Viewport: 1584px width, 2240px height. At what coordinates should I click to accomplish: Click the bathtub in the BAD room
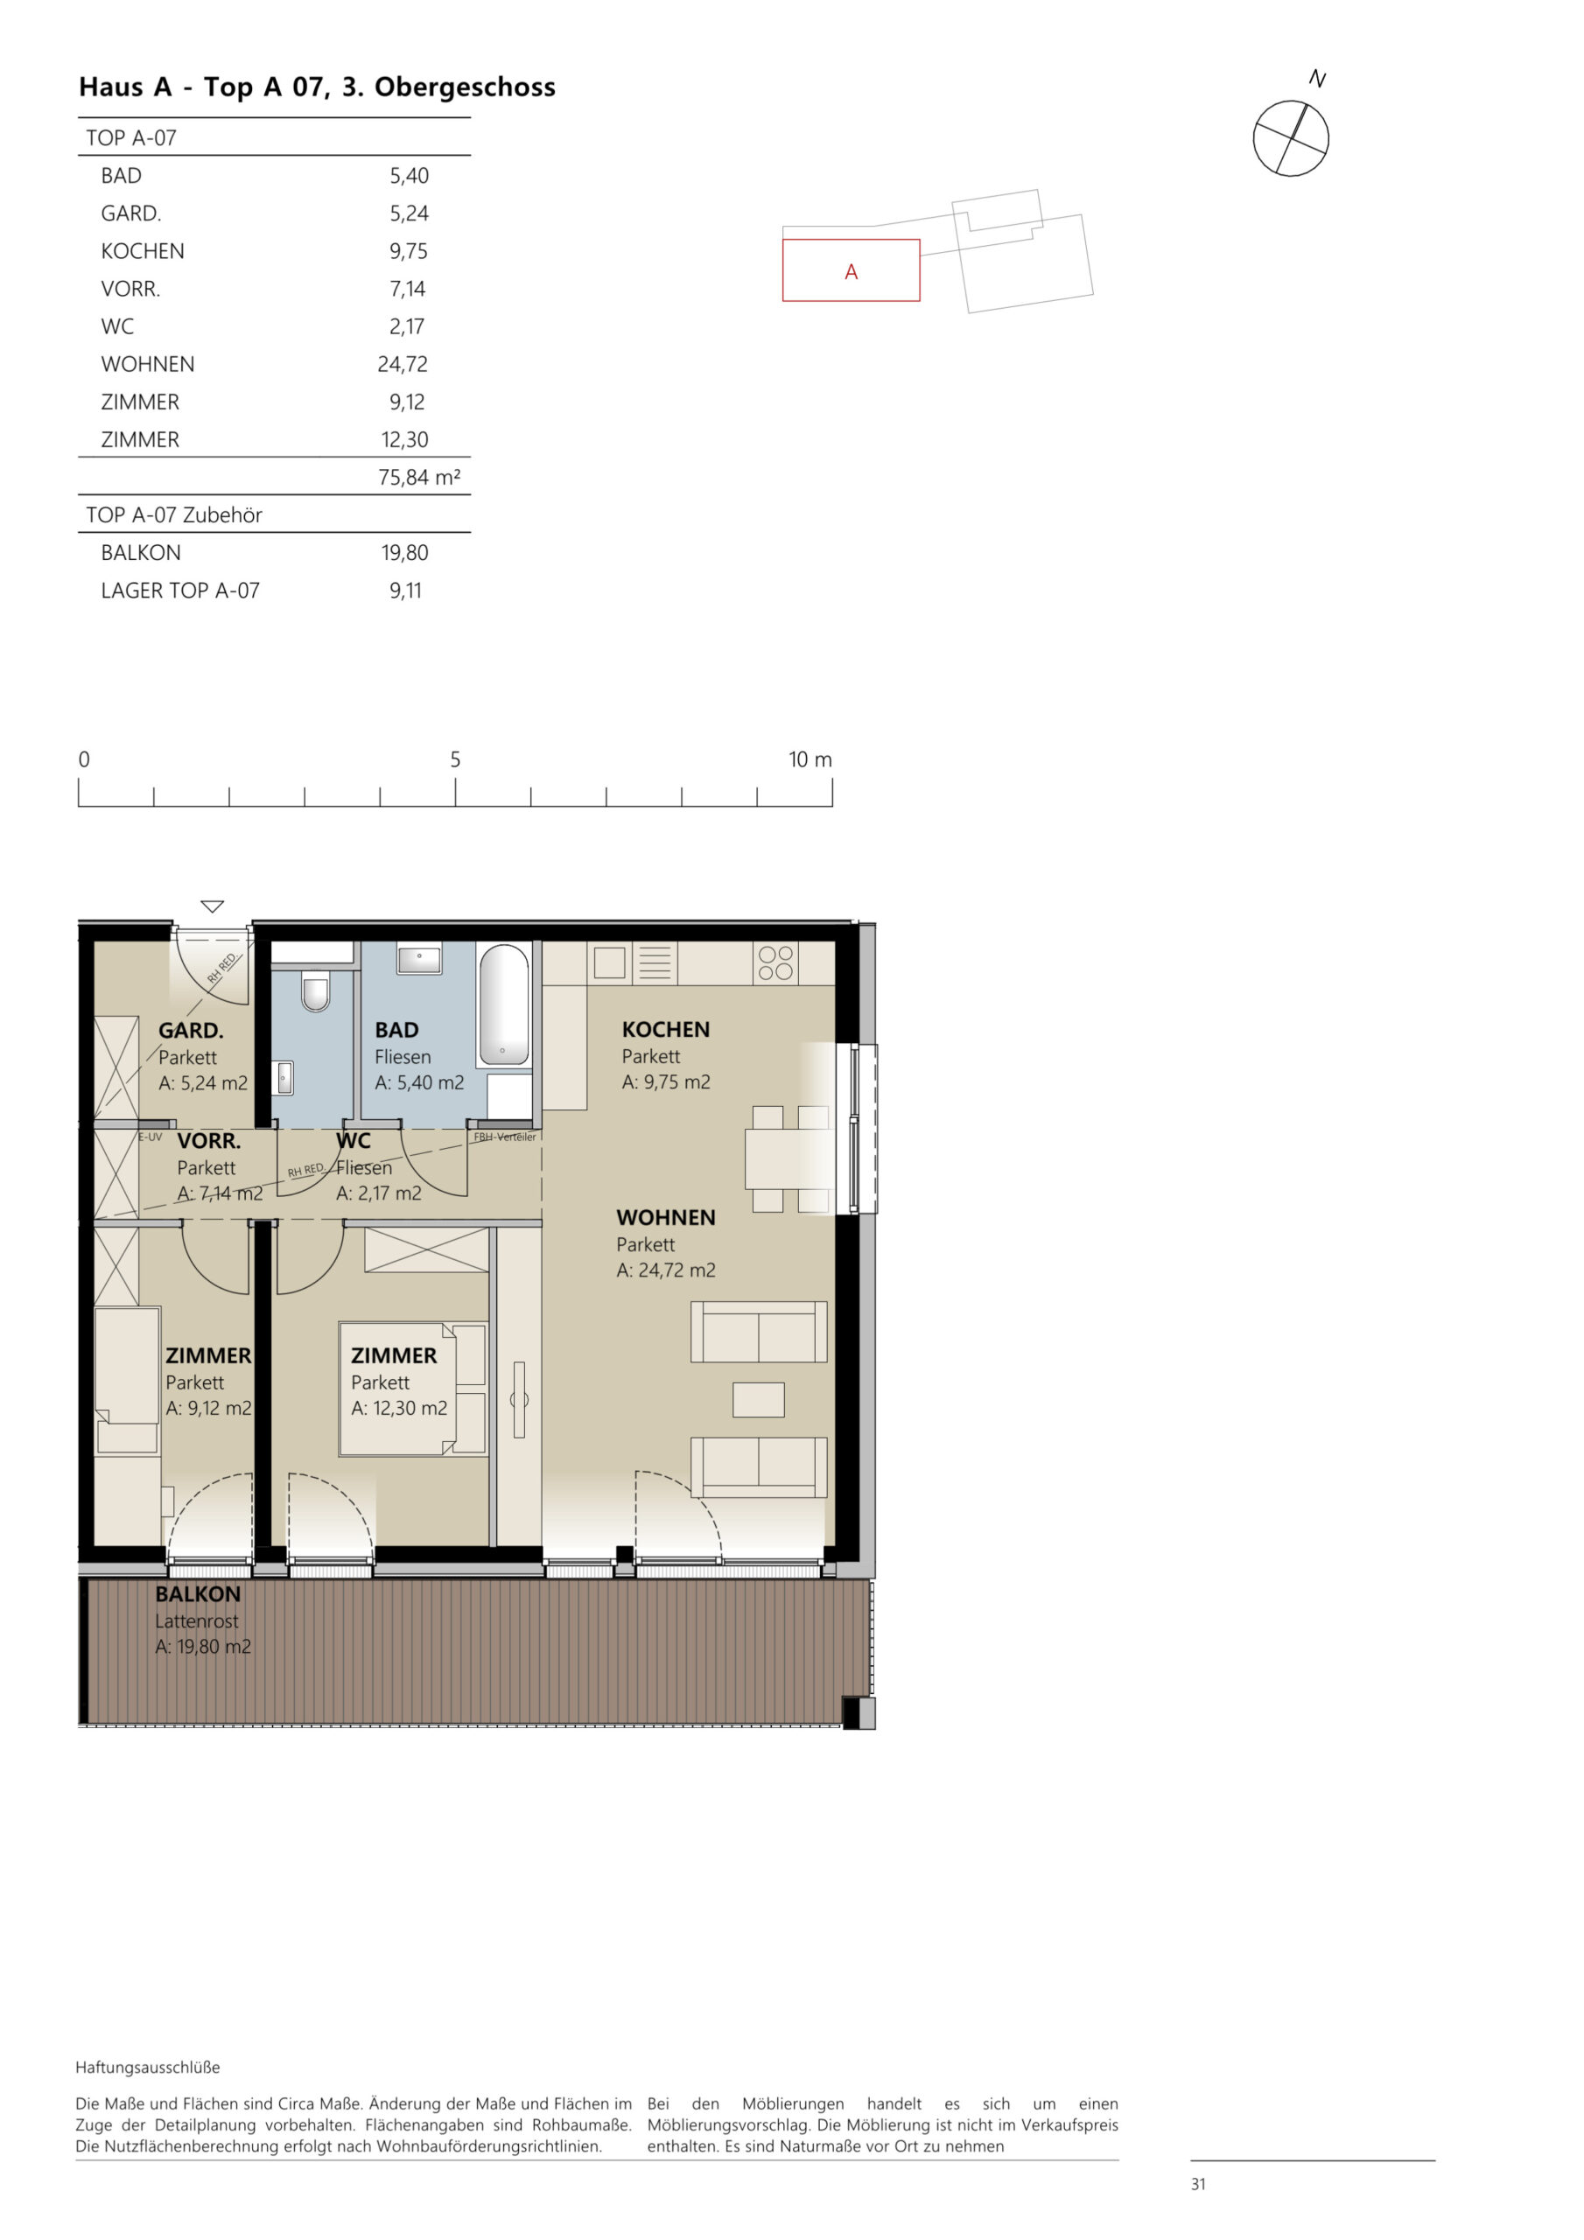(x=503, y=1004)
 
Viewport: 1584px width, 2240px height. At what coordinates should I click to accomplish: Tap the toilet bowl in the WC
(x=315, y=992)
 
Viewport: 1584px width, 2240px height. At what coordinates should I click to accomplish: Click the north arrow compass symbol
(x=1290, y=137)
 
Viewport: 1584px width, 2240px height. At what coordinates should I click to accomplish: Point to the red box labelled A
(x=850, y=270)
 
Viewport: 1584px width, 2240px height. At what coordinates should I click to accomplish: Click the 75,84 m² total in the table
(x=418, y=477)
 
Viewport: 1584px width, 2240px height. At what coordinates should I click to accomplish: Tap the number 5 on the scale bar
(x=455, y=759)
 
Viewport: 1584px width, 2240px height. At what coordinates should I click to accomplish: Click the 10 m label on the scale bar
(x=810, y=759)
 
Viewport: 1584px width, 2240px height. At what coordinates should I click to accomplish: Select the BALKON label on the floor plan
(x=197, y=1594)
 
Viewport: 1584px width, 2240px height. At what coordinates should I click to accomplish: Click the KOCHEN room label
(x=666, y=1029)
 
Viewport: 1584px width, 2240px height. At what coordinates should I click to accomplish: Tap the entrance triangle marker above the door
(x=212, y=906)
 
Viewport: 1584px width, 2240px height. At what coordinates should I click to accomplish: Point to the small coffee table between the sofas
(x=759, y=1399)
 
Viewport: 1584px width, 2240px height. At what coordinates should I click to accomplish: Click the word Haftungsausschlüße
(x=147, y=2068)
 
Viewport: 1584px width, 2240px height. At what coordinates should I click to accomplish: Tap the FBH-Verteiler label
(x=505, y=1137)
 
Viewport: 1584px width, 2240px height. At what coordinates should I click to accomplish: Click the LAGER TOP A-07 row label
(x=179, y=591)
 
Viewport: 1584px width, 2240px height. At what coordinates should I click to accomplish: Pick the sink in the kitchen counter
(x=609, y=962)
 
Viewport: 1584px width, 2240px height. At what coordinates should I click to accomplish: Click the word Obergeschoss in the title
(x=465, y=87)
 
